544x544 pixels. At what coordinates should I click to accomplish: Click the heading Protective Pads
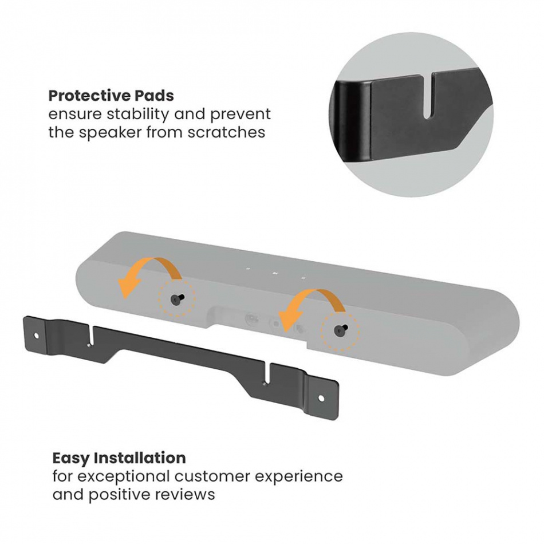click(x=111, y=95)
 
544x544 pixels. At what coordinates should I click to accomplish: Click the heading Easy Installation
click(x=119, y=458)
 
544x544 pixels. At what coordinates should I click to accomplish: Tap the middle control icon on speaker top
click(x=275, y=273)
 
